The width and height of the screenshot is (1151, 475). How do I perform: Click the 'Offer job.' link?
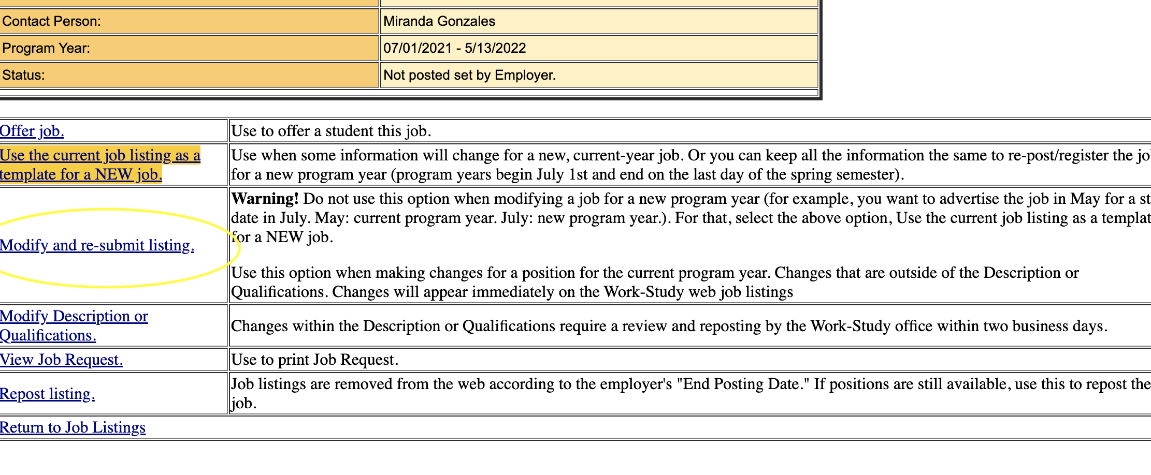32,131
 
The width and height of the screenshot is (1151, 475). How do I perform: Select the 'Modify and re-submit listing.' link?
97,245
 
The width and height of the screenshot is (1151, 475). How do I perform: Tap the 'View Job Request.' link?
61,360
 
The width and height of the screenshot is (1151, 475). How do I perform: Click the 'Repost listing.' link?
47,394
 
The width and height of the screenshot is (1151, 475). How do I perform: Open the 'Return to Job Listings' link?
73,428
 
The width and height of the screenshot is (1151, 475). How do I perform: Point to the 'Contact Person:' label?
51,22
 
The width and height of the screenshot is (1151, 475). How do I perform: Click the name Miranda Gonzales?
439,22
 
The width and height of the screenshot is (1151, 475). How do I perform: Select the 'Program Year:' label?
46,49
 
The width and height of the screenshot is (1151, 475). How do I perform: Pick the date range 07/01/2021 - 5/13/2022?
454,49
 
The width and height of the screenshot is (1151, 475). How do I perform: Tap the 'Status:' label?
23,76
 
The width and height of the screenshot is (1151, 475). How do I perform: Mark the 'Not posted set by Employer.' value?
469,76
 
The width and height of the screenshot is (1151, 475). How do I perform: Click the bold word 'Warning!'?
265,199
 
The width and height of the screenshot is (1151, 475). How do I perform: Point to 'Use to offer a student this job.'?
330,131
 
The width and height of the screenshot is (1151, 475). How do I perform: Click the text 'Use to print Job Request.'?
314,360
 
